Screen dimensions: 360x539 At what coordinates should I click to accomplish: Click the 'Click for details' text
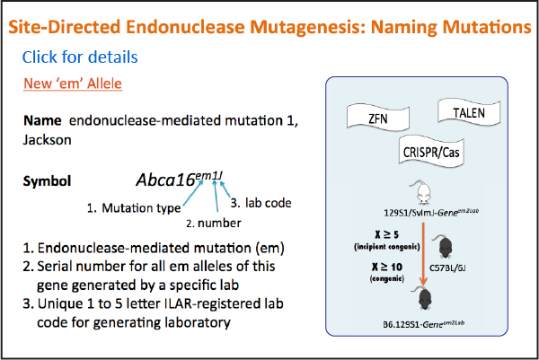[x=80, y=57]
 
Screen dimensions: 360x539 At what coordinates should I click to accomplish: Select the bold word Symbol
[x=47, y=181]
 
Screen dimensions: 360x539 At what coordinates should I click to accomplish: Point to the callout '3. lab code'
[x=261, y=203]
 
